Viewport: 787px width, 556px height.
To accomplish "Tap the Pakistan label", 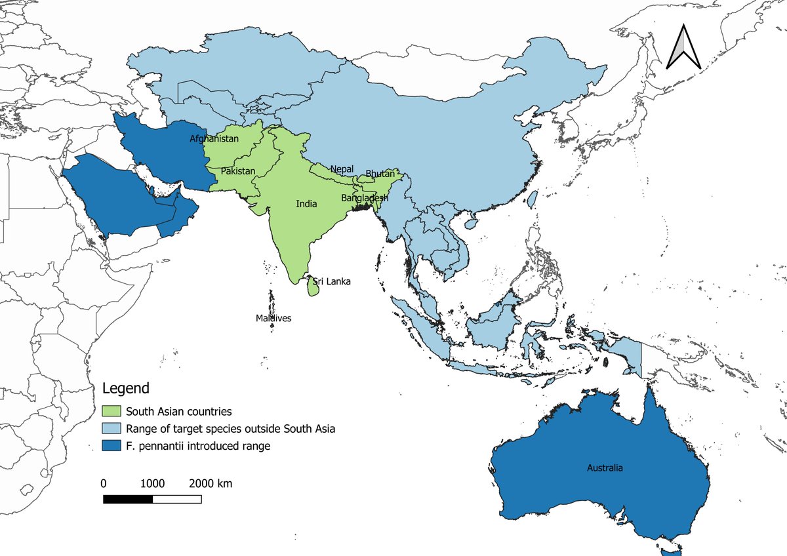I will (x=238, y=171).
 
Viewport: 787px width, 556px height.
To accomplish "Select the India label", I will (x=306, y=204).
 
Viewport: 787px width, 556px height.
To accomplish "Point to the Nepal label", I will (x=342, y=169).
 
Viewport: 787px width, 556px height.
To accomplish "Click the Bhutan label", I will (x=380, y=174).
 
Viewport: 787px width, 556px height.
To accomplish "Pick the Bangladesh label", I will (x=365, y=197).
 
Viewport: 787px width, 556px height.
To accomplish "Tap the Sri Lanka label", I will (x=331, y=282).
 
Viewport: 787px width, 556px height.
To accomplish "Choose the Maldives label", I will (x=273, y=319).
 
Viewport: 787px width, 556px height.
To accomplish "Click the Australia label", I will (x=605, y=468).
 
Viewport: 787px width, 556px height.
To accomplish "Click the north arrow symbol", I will (x=683, y=47).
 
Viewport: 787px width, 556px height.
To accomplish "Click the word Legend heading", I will (x=126, y=388).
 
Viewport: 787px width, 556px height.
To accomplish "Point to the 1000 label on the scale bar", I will (x=152, y=484).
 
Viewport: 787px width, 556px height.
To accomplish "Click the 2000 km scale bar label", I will (x=211, y=484).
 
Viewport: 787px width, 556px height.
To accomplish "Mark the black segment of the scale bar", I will (x=128, y=499).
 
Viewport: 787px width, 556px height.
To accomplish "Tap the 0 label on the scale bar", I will (x=104, y=484).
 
